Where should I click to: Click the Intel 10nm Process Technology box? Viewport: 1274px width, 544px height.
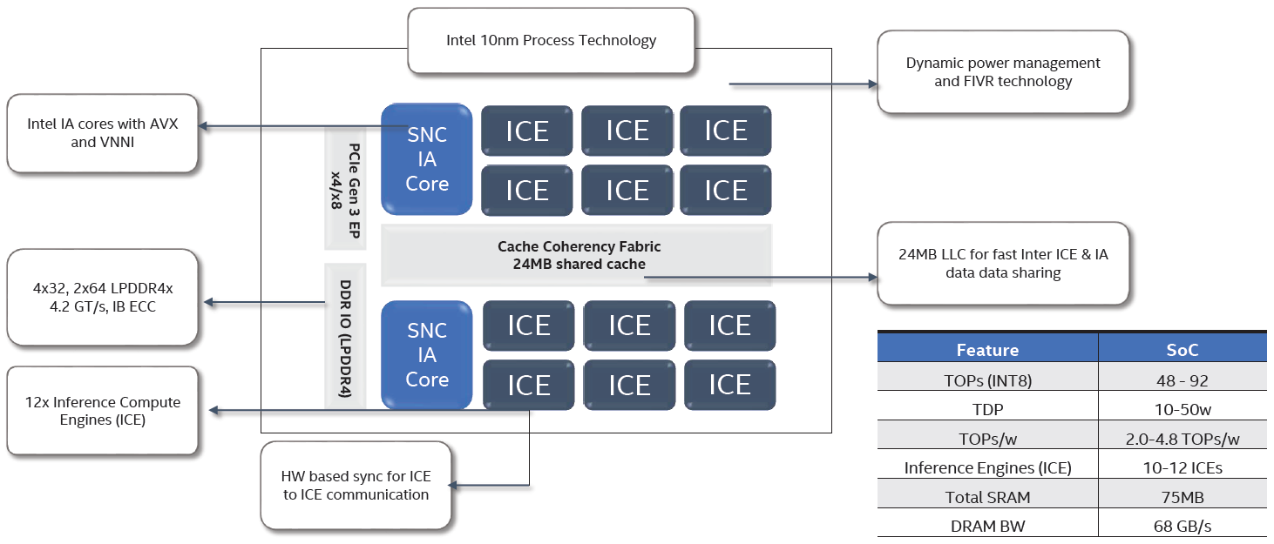pyautogui.click(x=551, y=40)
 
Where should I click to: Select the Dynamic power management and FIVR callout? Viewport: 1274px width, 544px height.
pyautogui.click(x=1002, y=72)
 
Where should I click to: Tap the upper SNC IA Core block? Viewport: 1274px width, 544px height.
pyautogui.click(x=427, y=159)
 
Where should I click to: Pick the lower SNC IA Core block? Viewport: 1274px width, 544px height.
pyautogui.click(x=427, y=355)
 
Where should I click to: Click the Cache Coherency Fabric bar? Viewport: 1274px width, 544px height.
pyautogui.click(x=577, y=255)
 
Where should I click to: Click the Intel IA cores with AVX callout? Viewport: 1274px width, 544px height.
pyautogui.click(x=102, y=133)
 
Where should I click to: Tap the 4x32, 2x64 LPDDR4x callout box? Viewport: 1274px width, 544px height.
pyautogui.click(x=102, y=298)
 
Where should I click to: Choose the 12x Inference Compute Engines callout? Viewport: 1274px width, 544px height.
pyautogui.click(x=102, y=411)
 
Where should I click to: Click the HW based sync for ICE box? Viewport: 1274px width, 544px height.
pyautogui.click(x=356, y=486)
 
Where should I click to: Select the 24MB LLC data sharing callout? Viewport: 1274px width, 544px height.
pyautogui.click(x=1002, y=264)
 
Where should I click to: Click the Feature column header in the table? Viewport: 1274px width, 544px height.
pyautogui.click(x=987, y=350)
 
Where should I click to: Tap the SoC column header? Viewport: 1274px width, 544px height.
pyautogui.click(x=1182, y=350)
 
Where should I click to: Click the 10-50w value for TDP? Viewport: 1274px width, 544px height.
pyautogui.click(x=1182, y=408)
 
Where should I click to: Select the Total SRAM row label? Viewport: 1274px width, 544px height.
pyautogui.click(x=987, y=497)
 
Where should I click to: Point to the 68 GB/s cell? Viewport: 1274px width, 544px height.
pyautogui.click(x=1182, y=526)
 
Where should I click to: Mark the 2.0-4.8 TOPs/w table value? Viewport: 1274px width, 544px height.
pyautogui.click(x=1182, y=438)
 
